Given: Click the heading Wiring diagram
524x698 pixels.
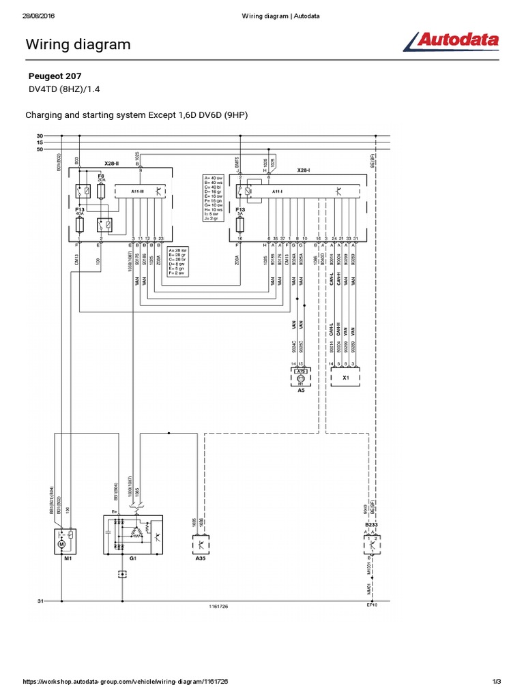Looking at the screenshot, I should pyautogui.click(x=78, y=45).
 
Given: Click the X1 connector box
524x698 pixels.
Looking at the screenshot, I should pyautogui.click(x=346, y=376).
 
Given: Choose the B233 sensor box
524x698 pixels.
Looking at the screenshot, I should pyautogui.click(x=372, y=543).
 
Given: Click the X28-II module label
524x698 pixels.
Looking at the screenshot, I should pyautogui.click(x=112, y=164).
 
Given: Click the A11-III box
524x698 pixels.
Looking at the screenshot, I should pyautogui.click(x=139, y=193).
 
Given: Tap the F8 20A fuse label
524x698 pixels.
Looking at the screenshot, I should pyautogui.click(x=101, y=178).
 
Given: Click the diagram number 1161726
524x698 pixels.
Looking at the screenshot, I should pyautogui.click(x=219, y=606).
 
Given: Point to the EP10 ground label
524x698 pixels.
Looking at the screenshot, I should pyautogui.click(x=372, y=605).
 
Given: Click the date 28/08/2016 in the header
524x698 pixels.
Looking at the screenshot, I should pyautogui.click(x=38, y=16).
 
